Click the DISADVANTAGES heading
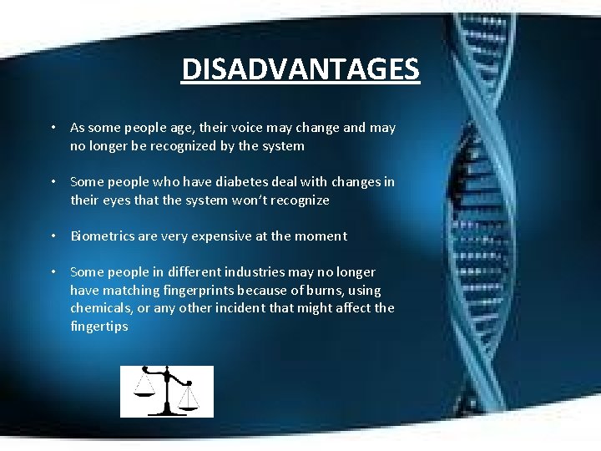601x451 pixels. click(x=300, y=69)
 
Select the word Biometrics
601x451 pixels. click(x=101, y=236)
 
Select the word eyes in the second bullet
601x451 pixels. click(x=118, y=200)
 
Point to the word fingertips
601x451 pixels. click(x=99, y=327)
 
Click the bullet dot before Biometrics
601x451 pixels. click(x=53, y=236)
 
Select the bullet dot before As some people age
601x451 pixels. click(x=53, y=128)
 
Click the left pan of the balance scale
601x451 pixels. click(x=144, y=392)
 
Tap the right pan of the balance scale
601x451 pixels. click(x=189, y=404)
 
